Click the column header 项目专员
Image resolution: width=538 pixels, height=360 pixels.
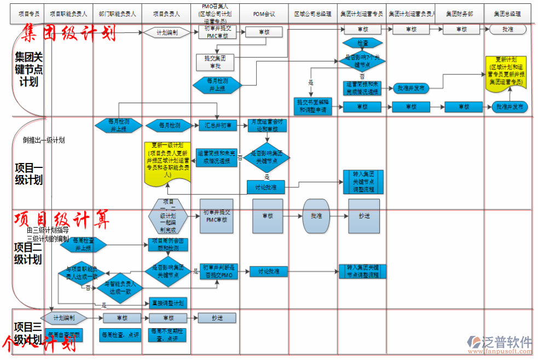[x=28, y=14]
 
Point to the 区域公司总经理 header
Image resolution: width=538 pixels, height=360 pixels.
[x=313, y=14]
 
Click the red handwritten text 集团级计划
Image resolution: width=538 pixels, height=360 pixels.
[x=69, y=33]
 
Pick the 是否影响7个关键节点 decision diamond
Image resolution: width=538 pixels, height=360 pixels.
[x=362, y=60]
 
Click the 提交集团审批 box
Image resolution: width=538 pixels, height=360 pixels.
[x=215, y=62]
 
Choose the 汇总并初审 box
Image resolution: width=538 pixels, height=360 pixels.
[x=217, y=126]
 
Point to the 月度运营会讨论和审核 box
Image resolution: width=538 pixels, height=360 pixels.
[x=266, y=125]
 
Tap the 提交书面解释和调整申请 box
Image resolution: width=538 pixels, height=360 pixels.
[x=312, y=106]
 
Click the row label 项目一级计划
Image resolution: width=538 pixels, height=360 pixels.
[x=28, y=173]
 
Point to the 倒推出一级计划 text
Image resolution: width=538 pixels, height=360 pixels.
[x=44, y=140]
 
